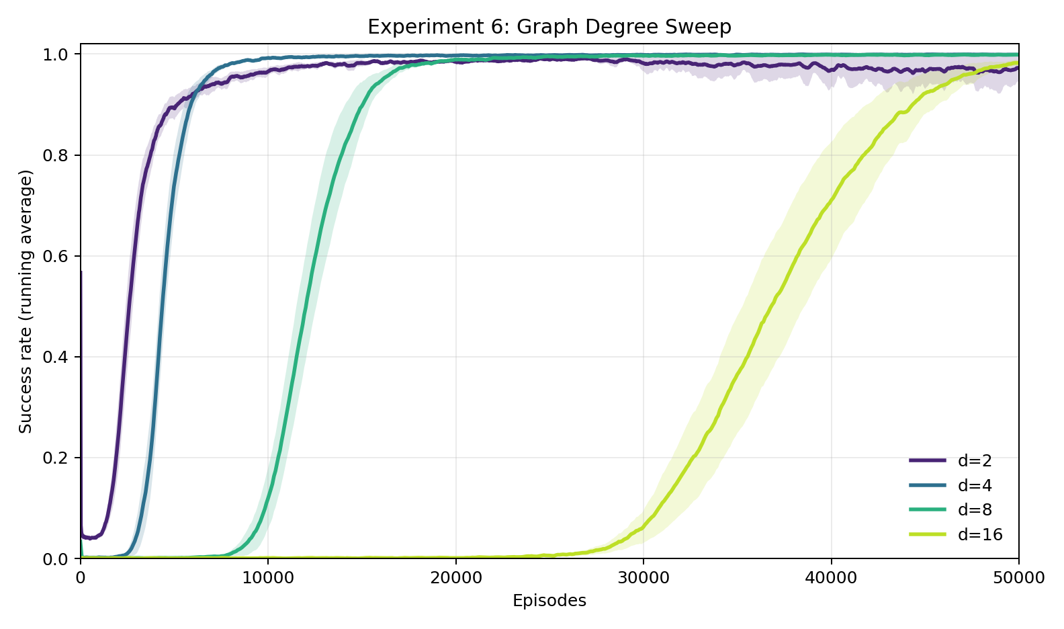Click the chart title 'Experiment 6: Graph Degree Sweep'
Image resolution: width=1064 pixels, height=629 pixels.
coord(549,27)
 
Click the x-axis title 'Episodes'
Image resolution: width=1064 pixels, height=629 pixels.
coord(549,601)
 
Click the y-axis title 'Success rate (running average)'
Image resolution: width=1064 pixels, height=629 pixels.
coord(26,302)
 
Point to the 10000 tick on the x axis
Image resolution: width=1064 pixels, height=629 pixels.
coord(268,577)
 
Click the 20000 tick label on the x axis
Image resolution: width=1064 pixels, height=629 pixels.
coord(455,577)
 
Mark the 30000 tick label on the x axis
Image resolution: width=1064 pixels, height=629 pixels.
coord(644,577)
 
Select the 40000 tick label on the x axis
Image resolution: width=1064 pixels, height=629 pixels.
coord(831,577)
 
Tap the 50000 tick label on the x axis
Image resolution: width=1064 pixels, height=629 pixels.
coord(1018,577)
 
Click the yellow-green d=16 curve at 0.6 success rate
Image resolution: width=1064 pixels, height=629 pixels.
coord(797,256)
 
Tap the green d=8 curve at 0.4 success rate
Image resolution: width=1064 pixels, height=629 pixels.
coord(297,357)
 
